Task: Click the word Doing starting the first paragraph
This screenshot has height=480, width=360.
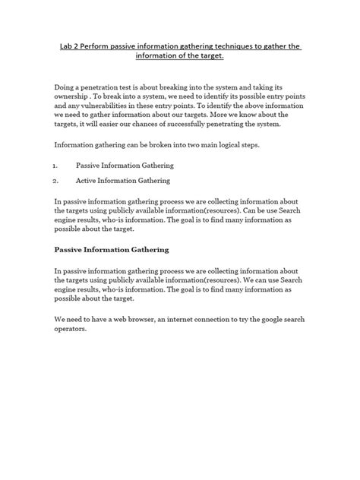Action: pyautogui.click(x=68, y=89)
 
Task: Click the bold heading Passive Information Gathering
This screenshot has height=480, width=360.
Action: pyautogui.click(x=112, y=248)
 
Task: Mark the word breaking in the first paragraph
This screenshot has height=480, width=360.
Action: pyautogui.click(x=181, y=89)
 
